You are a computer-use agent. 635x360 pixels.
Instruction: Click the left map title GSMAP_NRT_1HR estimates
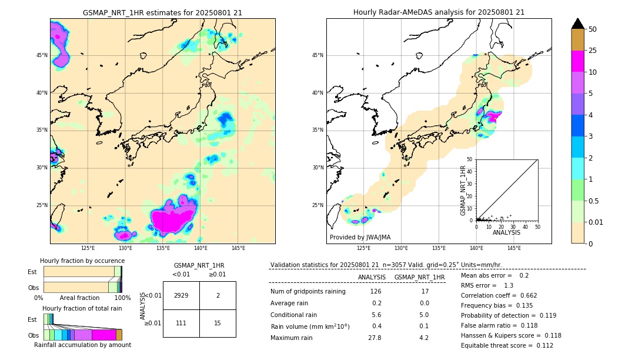[162, 12]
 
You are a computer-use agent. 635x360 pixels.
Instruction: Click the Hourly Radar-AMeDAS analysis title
[439, 12]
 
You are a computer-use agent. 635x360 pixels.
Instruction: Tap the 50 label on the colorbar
[593, 29]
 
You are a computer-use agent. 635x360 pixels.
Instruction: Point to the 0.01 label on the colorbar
[595, 222]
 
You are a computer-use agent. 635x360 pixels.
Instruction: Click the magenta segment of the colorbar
[577, 61]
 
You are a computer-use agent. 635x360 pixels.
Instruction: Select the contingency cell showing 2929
[181, 295]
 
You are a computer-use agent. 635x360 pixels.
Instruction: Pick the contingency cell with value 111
[181, 323]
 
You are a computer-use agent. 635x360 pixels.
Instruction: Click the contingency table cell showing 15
[218, 323]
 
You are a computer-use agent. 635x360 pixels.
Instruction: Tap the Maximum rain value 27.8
[374, 338]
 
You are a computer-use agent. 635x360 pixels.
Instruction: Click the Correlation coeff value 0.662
[524, 295]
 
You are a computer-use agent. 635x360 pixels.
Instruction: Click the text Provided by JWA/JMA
[360, 237]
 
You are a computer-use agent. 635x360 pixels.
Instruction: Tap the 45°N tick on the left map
[42, 55]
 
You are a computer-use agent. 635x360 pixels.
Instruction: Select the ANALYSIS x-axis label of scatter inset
[506, 232]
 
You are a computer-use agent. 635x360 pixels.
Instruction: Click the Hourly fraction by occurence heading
[82, 261]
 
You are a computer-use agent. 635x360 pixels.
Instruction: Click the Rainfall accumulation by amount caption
[82, 345]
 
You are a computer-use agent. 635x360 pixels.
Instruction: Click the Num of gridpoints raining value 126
[375, 291]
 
